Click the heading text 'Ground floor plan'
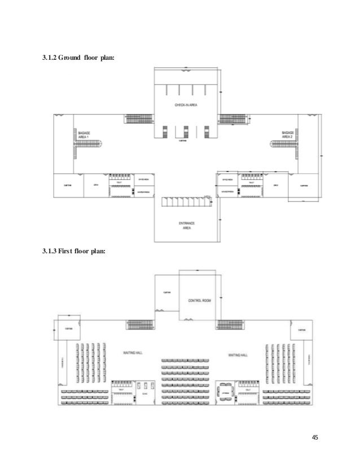click(x=79, y=57)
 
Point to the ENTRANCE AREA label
click(x=186, y=226)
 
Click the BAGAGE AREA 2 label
click(x=288, y=135)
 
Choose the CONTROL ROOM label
click(x=199, y=301)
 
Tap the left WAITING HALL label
click(x=133, y=353)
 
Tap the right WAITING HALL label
click(x=238, y=355)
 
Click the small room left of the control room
click(x=167, y=293)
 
